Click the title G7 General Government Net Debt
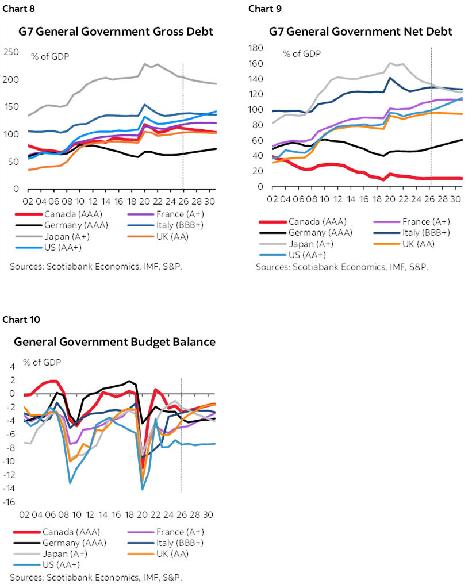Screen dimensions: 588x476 (x=361, y=31)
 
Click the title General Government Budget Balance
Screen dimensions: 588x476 (x=114, y=342)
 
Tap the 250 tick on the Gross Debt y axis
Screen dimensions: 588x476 (x=11, y=52)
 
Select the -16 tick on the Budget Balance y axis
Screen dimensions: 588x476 (x=10, y=502)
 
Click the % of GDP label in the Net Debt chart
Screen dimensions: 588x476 (x=301, y=54)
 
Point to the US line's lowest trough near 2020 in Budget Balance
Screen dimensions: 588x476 (x=143, y=490)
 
